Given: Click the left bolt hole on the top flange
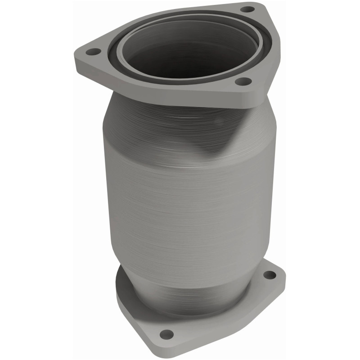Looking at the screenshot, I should pyautogui.click(x=93, y=52).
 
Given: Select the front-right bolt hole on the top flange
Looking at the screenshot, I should pyautogui.click(x=243, y=81).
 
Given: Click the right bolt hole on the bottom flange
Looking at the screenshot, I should pyautogui.click(x=269, y=274).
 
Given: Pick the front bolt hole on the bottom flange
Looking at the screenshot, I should pyautogui.click(x=166, y=334).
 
